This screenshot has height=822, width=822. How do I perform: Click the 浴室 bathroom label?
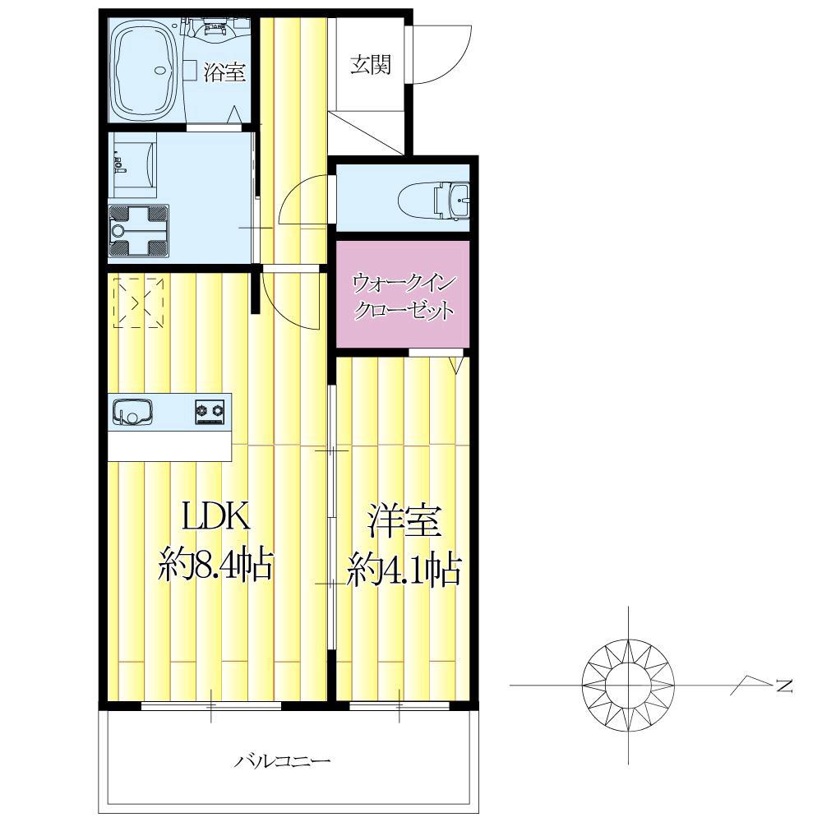pyautogui.click(x=224, y=72)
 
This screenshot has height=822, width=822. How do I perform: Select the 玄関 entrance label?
pyautogui.click(x=371, y=65)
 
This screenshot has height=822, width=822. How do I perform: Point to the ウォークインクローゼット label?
pyautogui.click(x=403, y=298)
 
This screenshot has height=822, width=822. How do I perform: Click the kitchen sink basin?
pyautogui.click(x=132, y=410)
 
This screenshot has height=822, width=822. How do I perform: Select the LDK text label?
pyautogui.click(x=215, y=517)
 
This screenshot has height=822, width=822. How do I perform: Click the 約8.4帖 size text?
pyautogui.click(x=215, y=564)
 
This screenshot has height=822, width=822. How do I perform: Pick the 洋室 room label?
pyautogui.click(x=403, y=520)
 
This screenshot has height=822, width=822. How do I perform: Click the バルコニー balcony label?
pyautogui.click(x=282, y=760)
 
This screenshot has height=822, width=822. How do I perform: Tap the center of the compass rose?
pyautogui.click(x=628, y=686)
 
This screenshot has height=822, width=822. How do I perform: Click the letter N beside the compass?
pyautogui.click(x=784, y=686)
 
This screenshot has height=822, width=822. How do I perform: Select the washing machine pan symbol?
pyautogui.click(x=138, y=231)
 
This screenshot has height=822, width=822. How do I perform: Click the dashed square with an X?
pyautogui.click(x=138, y=303)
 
